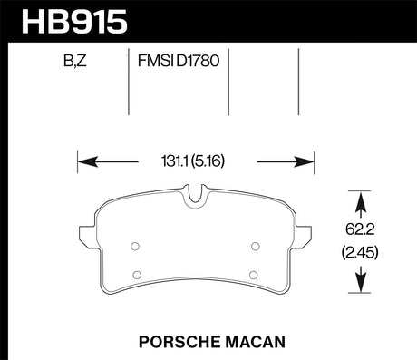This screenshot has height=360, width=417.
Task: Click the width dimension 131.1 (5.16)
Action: coord(195,163)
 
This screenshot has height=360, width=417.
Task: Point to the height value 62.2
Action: coord(363,230)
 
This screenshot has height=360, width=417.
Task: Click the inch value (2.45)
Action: coord(363,252)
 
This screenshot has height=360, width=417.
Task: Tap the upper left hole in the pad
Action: coord(134,245)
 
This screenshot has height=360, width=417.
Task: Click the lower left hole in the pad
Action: coord(135,275)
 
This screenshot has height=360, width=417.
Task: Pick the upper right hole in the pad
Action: coord(255,245)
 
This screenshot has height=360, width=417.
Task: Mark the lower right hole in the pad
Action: coord(255,275)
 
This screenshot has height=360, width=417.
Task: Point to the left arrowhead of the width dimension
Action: coord(84,163)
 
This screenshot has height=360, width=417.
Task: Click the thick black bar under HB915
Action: coord(208,39)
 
